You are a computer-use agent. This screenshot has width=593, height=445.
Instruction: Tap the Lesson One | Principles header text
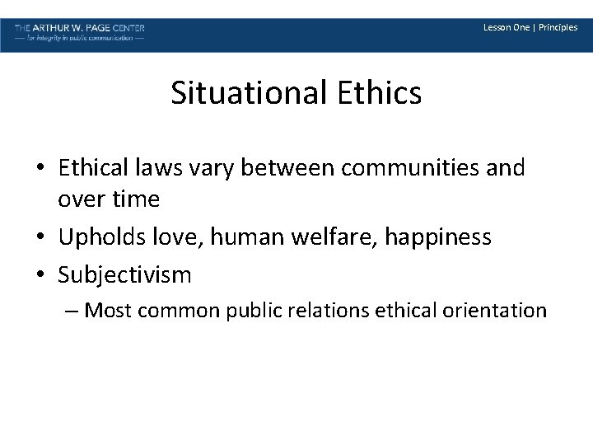click(530, 27)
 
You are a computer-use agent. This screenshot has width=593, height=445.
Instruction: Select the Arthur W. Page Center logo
click(80, 33)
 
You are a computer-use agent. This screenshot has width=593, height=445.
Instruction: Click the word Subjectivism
click(124, 274)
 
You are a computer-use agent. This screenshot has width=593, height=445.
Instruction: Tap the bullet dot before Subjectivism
click(40, 274)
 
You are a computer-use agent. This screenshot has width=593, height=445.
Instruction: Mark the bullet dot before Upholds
click(40, 237)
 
